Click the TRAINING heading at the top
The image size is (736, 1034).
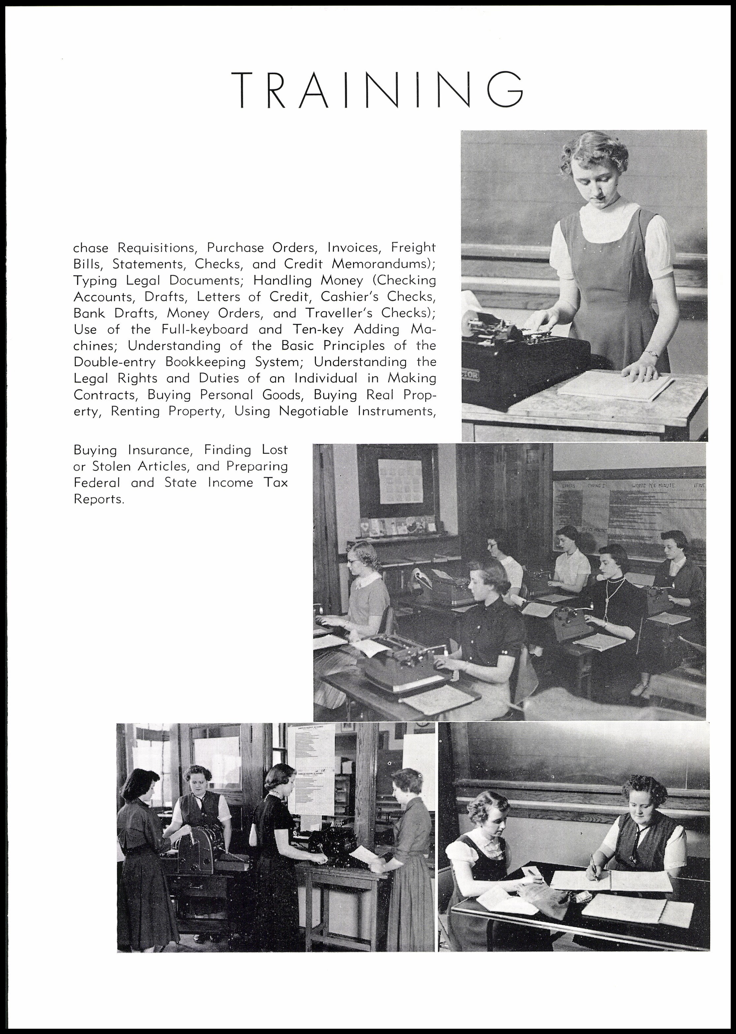point(377,89)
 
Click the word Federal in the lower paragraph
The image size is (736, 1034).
point(97,483)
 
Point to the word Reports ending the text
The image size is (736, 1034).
point(98,499)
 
